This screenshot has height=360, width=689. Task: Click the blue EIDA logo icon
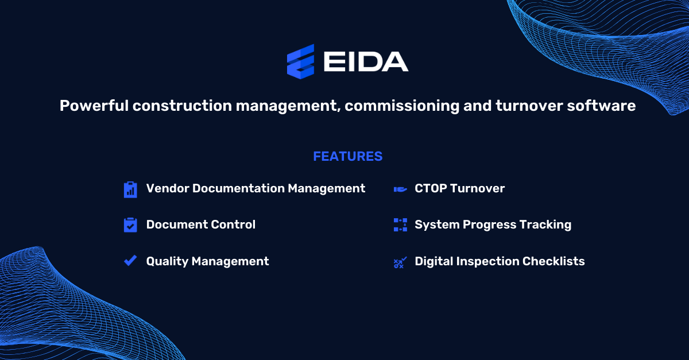pyautogui.click(x=301, y=61)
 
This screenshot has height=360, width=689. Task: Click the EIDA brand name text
pyautogui.click(x=366, y=61)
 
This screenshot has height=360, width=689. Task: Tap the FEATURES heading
pyautogui.click(x=347, y=156)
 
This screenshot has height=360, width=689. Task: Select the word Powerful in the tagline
pyautogui.click(x=92, y=106)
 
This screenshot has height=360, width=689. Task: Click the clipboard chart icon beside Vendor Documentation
pyautogui.click(x=130, y=189)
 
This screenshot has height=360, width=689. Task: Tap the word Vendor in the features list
pyautogui.click(x=167, y=188)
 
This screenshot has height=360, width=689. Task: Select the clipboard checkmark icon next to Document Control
pyautogui.click(x=130, y=225)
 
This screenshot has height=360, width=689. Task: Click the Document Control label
pyautogui.click(x=200, y=224)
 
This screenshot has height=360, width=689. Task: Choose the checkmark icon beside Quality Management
pyautogui.click(x=130, y=261)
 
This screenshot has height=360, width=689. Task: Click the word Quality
pyautogui.click(x=167, y=261)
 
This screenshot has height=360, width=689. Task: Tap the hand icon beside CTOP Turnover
pyautogui.click(x=400, y=189)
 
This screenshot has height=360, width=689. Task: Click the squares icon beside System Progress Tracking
pyautogui.click(x=400, y=224)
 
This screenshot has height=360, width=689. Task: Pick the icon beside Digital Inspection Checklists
pyautogui.click(x=400, y=262)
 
